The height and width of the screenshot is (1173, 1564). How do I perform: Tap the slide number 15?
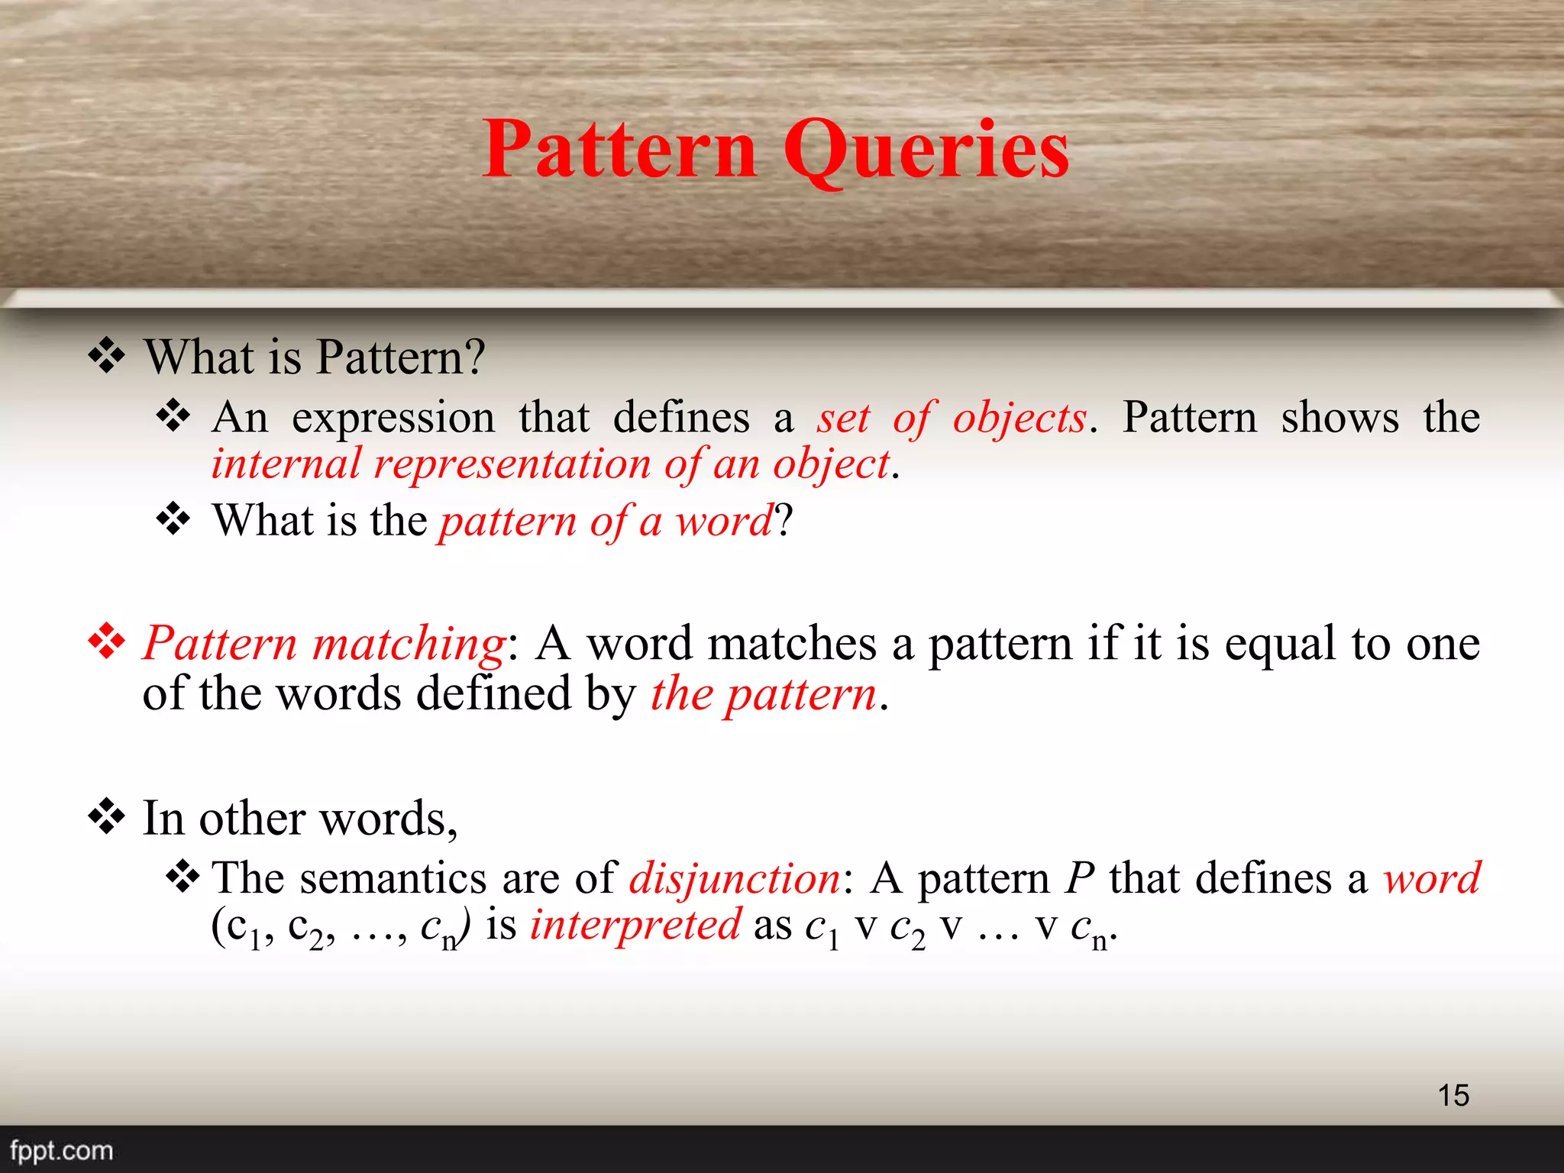tap(1453, 1095)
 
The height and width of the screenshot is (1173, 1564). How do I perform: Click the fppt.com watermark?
tap(61, 1150)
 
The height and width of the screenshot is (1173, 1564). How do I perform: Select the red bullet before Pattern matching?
tap(107, 641)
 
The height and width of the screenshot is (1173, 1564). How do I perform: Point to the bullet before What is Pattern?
tap(107, 356)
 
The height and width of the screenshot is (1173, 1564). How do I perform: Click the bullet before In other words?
tap(107, 817)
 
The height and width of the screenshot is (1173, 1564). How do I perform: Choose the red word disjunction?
tap(734, 878)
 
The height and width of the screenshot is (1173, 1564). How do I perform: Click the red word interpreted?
tap(635, 925)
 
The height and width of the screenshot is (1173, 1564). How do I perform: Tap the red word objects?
tap(1019, 418)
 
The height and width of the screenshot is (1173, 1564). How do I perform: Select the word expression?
tap(393, 418)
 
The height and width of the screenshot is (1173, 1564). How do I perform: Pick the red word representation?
tap(512, 464)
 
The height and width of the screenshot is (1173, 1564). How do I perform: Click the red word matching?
tap(409, 643)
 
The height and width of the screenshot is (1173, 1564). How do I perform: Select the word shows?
tap(1339, 418)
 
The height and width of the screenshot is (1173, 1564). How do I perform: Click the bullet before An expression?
tap(173, 416)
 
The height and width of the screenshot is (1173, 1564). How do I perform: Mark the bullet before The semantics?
tap(183, 877)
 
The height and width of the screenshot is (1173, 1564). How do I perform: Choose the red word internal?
tap(286, 464)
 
